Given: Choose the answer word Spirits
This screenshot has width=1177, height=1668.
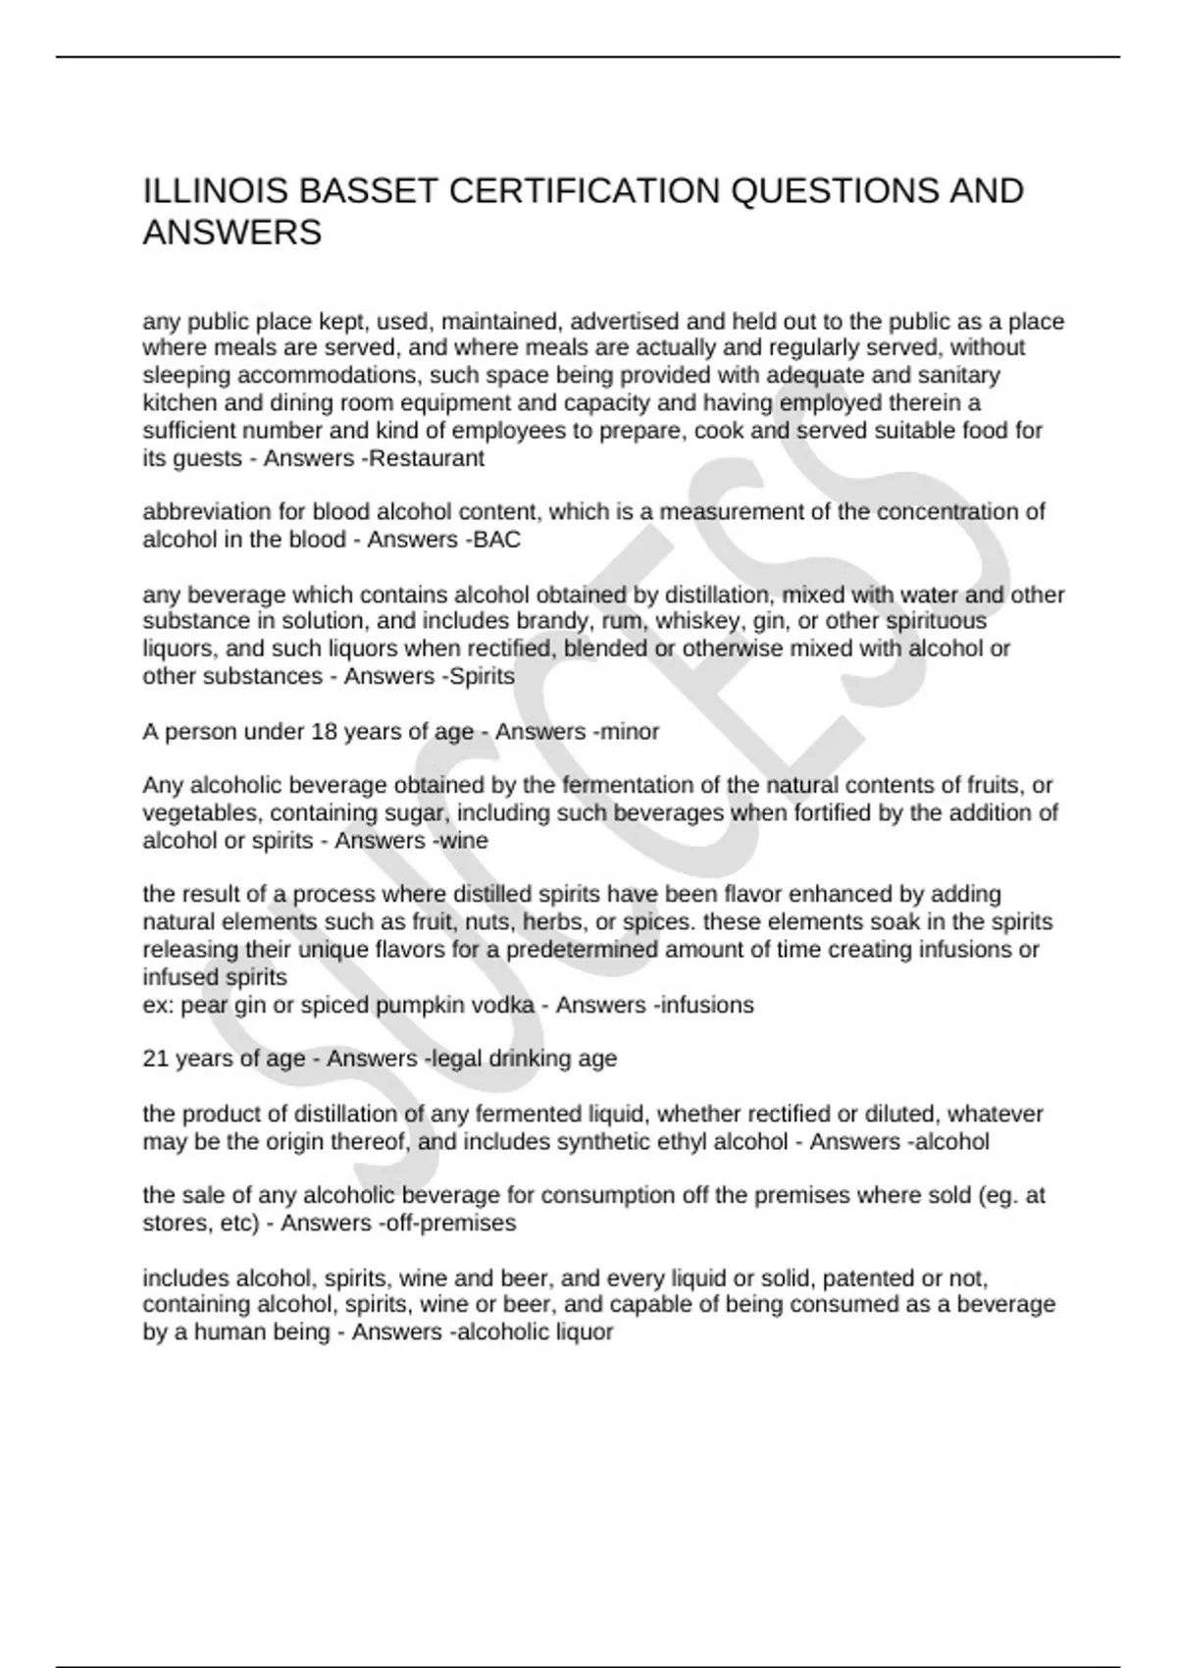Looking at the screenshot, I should [482, 676].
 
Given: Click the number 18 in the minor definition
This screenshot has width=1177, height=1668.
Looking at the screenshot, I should [324, 731].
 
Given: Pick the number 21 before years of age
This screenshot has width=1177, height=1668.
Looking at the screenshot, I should [155, 1059].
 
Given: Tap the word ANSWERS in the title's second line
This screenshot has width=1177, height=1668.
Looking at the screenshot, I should [231, 234].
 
